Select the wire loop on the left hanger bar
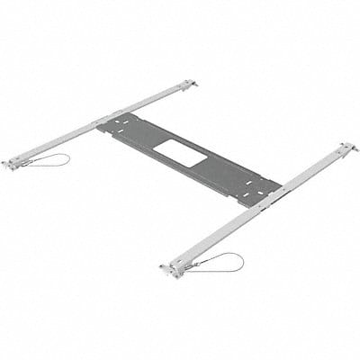[47, 160]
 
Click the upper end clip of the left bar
[186, 85]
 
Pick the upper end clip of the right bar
[346, 147]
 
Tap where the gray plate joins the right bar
[266, 192]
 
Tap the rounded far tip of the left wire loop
[67, 157]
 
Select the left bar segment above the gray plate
[153, 102]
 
